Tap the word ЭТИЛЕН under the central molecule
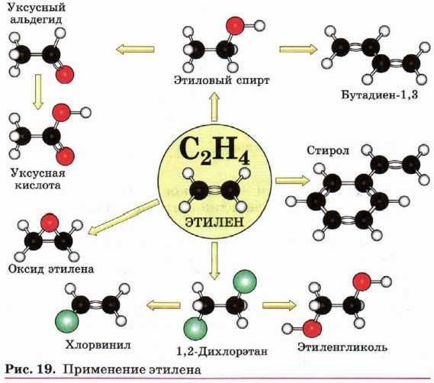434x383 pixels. coord(214,222)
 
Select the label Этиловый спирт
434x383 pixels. coord(221,81)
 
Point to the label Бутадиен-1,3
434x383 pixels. coord(379,95)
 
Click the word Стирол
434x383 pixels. coord(328,151)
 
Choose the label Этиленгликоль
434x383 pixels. coord(342,347)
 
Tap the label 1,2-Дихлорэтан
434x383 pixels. coord(222,352)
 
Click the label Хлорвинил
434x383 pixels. coord(98,345)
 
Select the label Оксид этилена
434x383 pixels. coord(51,269)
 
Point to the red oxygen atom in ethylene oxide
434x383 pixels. coord(50,222)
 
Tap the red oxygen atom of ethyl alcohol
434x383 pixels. coord(235,26)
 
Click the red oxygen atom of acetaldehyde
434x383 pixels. coord(65,75)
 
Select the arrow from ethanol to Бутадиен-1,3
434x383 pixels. coord(298,50)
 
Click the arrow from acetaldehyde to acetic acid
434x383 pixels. coord(38,92)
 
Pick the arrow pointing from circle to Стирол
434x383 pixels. coord(292,181)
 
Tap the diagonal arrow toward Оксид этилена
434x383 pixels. coord(124,217)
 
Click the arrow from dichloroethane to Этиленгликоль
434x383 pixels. coord(279,305)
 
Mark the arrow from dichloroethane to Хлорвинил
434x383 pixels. coord(163,306)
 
